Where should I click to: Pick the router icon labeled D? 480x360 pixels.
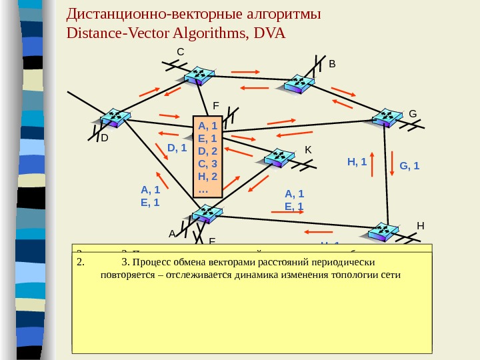[115, 119]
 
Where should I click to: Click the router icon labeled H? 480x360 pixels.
[385, 231]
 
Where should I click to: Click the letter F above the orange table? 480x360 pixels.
[216, 105]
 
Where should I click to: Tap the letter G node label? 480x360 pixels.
[413, 114]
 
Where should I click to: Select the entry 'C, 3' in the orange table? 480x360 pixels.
[209, 163]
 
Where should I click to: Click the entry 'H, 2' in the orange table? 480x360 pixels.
[209, 176]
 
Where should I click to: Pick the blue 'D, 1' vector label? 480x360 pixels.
[176, 147]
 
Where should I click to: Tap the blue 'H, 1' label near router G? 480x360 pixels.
[357, 161]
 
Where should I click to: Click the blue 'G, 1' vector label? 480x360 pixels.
[409, 165]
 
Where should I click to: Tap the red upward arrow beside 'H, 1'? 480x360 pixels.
[373, 163]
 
